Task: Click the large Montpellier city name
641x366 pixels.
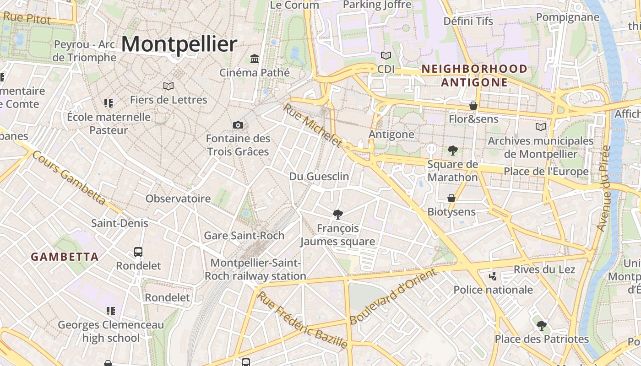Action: point(179,44)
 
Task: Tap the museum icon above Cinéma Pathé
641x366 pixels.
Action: point(255,59)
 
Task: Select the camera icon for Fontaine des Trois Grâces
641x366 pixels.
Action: point(238,125)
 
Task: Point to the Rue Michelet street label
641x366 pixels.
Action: point(313,125)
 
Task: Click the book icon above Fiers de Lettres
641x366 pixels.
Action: point(168,86)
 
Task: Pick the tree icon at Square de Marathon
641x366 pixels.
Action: point(453,150)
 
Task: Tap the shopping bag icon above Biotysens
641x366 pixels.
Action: point(451,198)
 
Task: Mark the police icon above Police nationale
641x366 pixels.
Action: point(493,276)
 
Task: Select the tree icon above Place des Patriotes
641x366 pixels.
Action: point(542,326)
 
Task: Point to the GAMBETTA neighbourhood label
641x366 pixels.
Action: point(65,257)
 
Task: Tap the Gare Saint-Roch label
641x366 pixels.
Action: point(244,236)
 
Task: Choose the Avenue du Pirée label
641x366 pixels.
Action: point(605,188)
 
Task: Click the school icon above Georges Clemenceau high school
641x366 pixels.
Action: point(110,311)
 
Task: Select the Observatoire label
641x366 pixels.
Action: point(178,199)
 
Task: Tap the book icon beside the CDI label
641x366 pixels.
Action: point(386,56)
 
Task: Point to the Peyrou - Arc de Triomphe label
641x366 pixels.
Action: point(84,51)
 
